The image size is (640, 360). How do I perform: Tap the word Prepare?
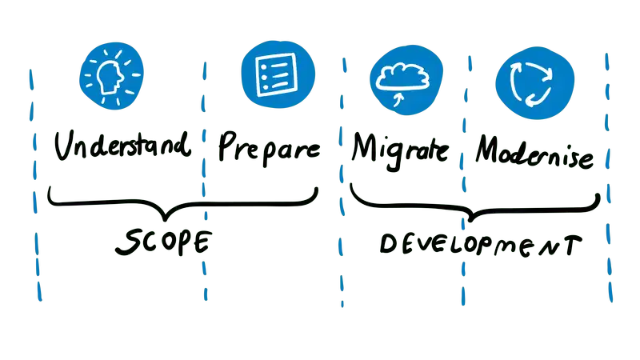[269, 149]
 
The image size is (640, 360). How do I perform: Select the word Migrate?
[399, 149]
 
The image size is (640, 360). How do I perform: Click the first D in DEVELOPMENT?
[385, 246]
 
